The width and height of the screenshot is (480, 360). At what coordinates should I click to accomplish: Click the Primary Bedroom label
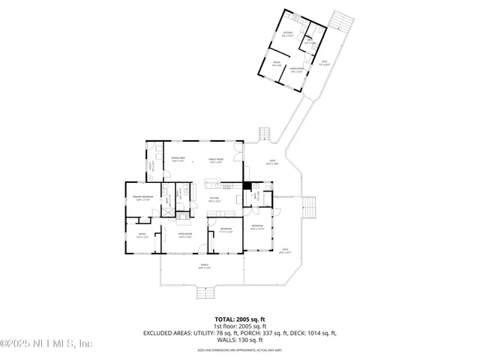143,197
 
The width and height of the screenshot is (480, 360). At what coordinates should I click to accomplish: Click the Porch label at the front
204,266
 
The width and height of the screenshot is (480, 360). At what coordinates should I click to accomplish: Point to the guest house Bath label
309,42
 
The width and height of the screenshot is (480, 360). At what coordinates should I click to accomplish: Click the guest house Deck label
325,64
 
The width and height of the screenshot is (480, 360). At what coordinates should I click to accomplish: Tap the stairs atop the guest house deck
341,19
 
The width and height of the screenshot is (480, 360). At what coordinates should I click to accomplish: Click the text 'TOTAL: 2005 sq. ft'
239,318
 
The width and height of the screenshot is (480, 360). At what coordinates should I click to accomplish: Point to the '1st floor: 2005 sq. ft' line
239,325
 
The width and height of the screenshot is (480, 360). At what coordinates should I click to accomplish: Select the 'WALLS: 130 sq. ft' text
239,340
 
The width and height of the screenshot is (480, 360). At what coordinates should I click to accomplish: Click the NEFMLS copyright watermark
46,343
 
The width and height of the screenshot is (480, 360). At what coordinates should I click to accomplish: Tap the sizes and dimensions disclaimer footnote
239,350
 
